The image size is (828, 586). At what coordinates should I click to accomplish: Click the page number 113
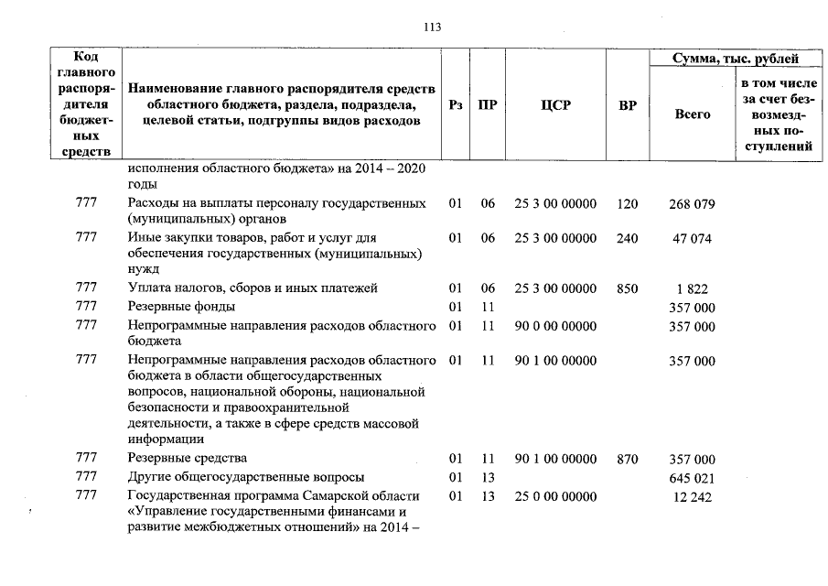click(x=433, y=27)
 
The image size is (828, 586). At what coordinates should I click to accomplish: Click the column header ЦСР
click(x=554, y=105)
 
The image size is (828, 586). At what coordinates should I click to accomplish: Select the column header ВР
click(x=627, y=105)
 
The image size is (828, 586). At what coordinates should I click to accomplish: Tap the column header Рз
click(x=456, y=105)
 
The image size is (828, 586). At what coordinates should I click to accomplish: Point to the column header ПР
click(x=489, y=105)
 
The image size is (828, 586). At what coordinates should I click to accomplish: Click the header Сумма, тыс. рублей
click(x=736, y=59)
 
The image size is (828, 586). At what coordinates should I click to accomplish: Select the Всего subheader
click(x=692, y=114)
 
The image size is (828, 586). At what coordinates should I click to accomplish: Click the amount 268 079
click(x=692, y=203)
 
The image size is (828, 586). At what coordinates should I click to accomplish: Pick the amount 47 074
click(x=692, y=238)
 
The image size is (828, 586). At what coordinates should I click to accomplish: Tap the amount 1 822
click(x=692, y=289)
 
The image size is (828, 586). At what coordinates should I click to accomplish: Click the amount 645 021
click(x=692, y=478)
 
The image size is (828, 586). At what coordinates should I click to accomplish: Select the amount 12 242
click(x=692, y=496)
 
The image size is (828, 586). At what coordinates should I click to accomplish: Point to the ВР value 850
click(x=627, y=289)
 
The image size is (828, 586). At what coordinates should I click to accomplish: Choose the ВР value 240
click(x=627, y=238)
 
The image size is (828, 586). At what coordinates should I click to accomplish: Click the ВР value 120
click(x=627, y=203)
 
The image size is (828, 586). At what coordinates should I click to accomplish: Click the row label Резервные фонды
click(x=182, y=307)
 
